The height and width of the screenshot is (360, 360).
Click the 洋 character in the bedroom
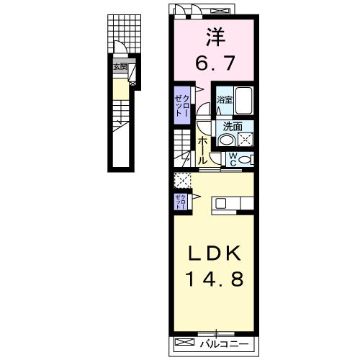tap(213, 35)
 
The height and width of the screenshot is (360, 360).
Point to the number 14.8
tap(213, 279)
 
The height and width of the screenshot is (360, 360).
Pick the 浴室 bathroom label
tap(225, 100)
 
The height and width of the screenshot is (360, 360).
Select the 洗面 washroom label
tap(232, 125)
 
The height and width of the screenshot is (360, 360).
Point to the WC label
tap(233, 160)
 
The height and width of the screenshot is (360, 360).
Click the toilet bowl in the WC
tap(245, 160)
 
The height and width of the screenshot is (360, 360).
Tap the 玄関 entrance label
tap(119, 68)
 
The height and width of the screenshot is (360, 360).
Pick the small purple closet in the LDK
tap(179, 202)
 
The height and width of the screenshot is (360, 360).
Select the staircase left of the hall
tap(182, 148)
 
